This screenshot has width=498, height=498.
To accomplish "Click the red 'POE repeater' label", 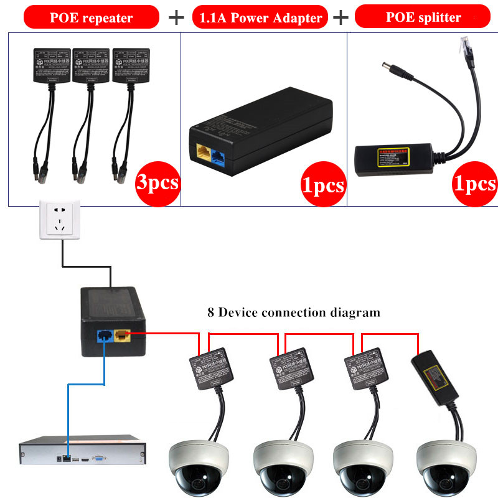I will pyautogui.click(x=91, y=17).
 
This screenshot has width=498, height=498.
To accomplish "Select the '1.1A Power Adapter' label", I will pyautogui.click(x=260, y=17).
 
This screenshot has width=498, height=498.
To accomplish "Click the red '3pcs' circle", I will pyautogui.click(x=157, y=182).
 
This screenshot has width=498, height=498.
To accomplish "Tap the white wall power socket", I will pyautogui.click(x=60, y=220).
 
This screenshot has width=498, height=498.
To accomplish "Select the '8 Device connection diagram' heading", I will pyautogui.click(x=293, y=312).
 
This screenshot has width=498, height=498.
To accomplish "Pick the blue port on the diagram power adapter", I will pyautogui.click(x=105, y=337).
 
